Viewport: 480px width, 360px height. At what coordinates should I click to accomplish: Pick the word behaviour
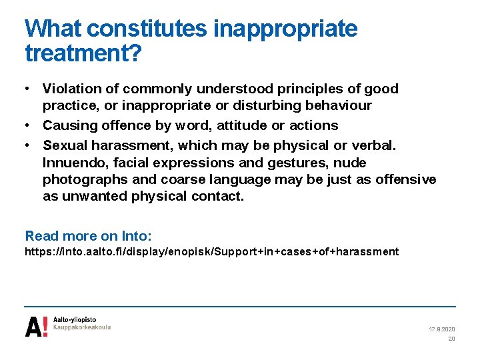[x=339, y=105]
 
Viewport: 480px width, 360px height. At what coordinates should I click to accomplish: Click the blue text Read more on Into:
[x=89, y=236]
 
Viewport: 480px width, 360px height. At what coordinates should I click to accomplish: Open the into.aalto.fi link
[x=211, y=252]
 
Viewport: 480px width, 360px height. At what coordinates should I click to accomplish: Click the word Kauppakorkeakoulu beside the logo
[x=83, y=328]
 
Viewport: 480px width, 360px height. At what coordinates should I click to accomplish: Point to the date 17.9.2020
[x=442, y=329]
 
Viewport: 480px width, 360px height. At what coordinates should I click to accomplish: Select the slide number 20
[x=451, y=339]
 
